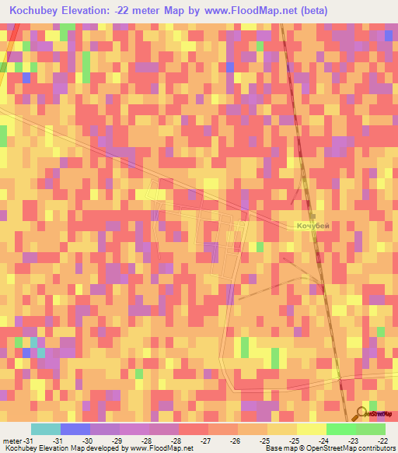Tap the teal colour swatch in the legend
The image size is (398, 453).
[46, 429]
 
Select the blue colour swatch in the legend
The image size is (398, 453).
[75, 429]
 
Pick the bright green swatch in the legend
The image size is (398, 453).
[341, 429]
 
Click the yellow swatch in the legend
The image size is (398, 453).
[312, 429]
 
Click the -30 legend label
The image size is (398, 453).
[88, 441]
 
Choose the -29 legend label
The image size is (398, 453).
[118, 441]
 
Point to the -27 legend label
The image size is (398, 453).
[206, 441]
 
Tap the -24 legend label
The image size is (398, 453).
[324, 441]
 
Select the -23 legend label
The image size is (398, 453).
[353, 441]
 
